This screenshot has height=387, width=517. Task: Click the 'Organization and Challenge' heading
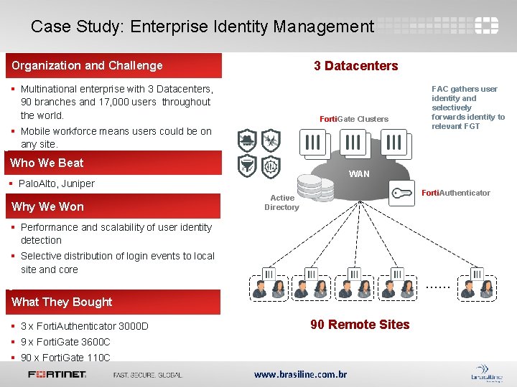click(x=87, y=65)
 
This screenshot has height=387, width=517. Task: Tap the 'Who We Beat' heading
click(x=47, y=163)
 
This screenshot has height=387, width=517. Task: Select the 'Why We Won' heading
click(x=47, y=206)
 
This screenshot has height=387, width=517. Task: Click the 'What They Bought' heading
click(x=62, y=302)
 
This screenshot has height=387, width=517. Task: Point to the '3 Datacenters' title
click(x=355, y=65)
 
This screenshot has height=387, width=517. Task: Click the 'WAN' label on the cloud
click(x=359, y=174)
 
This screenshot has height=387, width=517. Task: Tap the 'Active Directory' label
click(x=281, y=203)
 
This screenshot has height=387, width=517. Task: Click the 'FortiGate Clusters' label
click(x=354, y=119)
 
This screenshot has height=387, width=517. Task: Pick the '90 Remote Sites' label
click(x=360, y=325)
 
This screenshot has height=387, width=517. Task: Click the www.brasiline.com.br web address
click(x=300, y=374)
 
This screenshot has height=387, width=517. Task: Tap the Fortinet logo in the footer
click(x=57, y=374)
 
